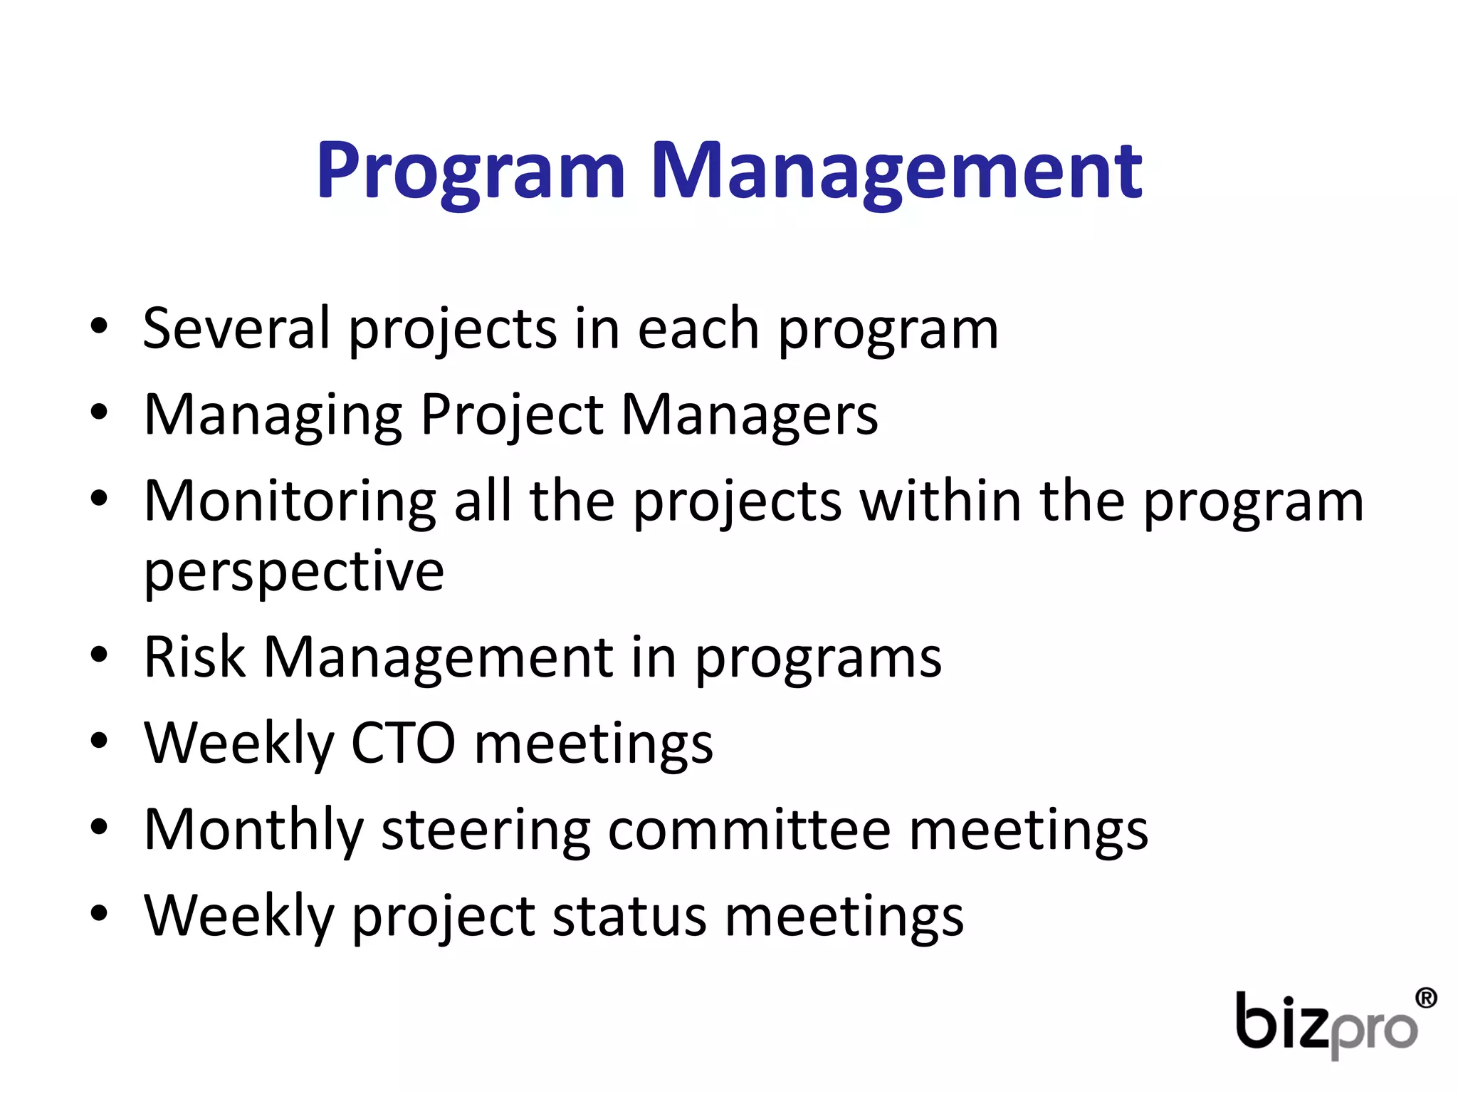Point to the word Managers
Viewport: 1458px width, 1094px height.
(750, 416)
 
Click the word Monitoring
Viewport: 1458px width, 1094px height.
(290, 501)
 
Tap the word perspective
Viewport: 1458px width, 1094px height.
(294, 572)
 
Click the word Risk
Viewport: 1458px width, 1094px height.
(194, 657)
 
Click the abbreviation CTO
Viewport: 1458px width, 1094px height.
(403, 744)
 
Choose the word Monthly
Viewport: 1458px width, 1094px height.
(253, 830)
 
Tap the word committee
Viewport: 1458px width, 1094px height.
(749, 830)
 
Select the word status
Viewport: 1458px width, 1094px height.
(629, 917)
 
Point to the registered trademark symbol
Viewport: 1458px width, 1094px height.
(1426, 998)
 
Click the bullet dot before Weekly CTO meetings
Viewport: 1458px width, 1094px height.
(99, 741)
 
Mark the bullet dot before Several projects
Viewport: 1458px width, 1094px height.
(99, 327)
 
